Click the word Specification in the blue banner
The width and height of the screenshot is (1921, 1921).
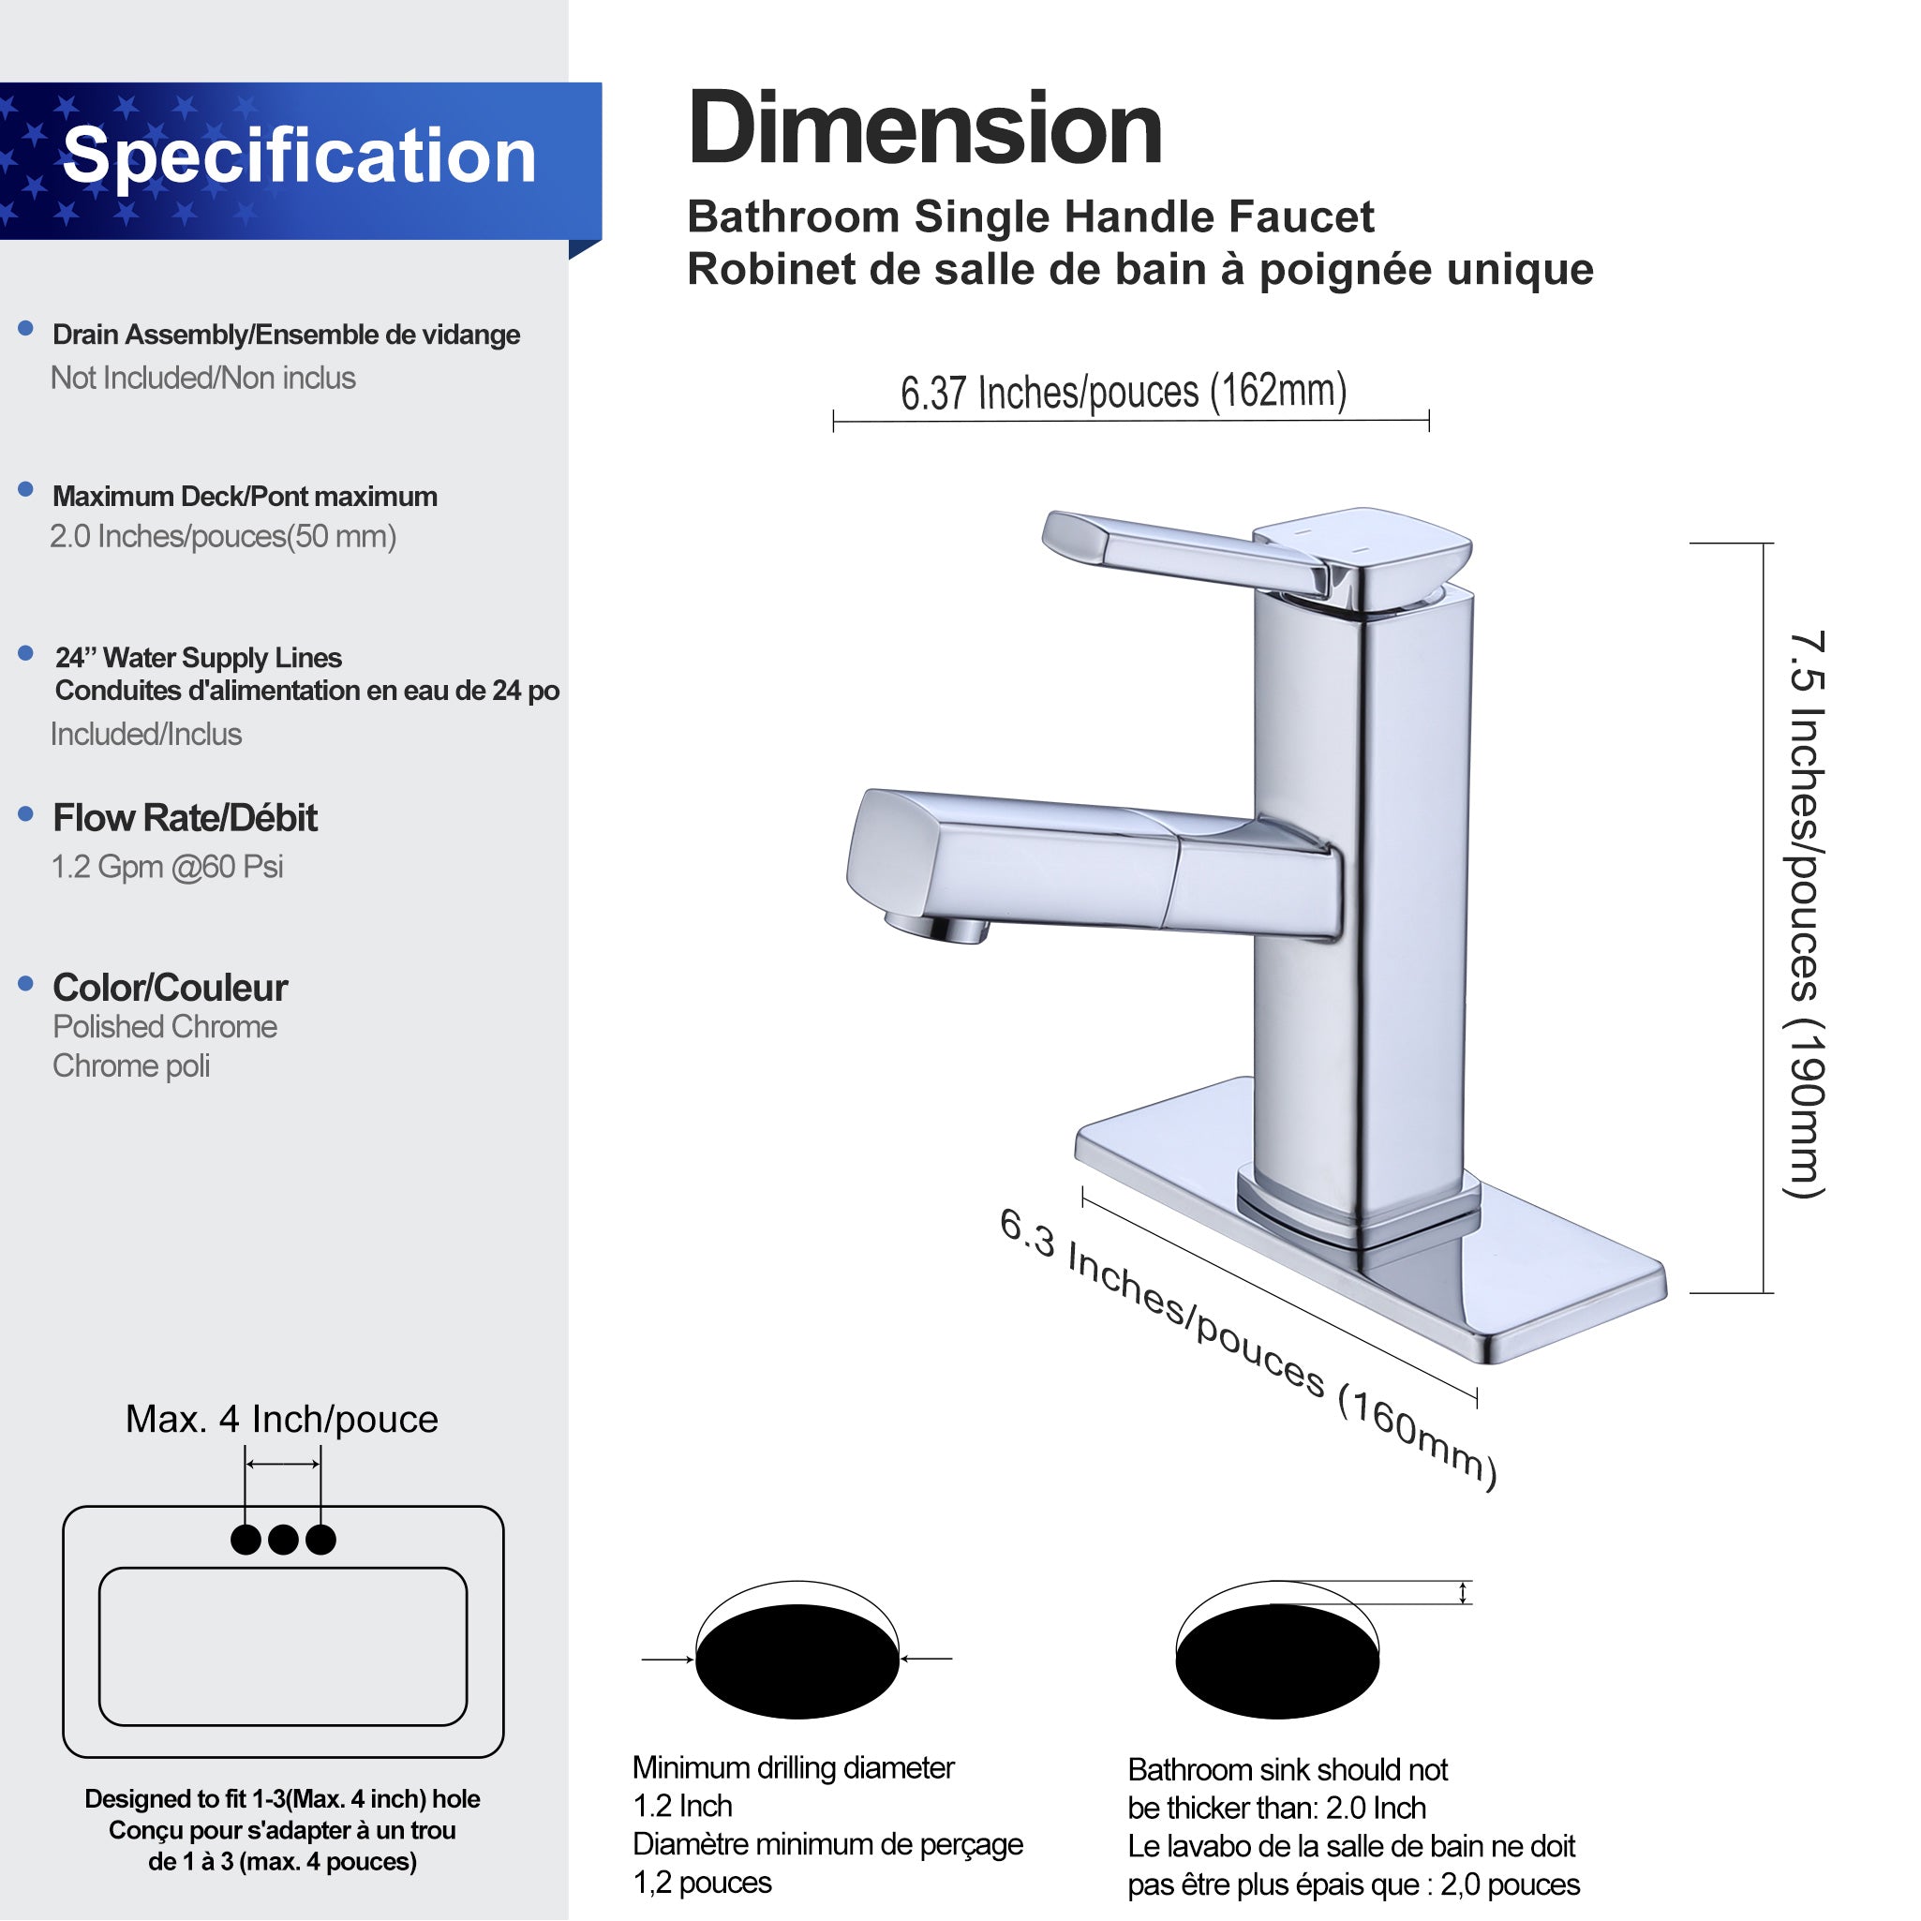[298, 156]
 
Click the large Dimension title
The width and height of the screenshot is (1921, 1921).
[925, 129]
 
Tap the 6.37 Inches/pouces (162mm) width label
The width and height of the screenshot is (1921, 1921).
[1124, 392]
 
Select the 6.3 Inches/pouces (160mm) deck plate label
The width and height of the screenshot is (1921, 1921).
[1248, 1348]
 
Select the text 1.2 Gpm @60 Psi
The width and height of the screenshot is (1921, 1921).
[167, 867]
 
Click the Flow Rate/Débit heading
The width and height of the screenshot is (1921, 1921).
[185, 818]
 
